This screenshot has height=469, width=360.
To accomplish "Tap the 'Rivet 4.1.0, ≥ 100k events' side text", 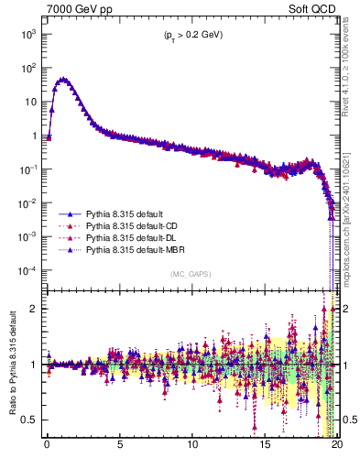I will click(349, 82).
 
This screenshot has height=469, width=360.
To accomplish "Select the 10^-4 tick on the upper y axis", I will click(28, 270).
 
